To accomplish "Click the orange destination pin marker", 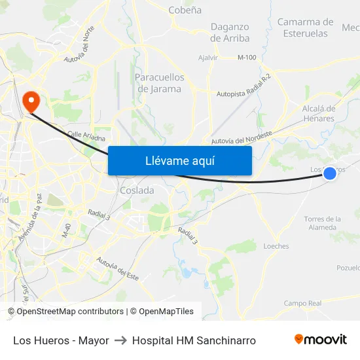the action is click(x=31, y=100).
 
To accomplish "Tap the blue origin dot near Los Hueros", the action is click(x=330, y=173).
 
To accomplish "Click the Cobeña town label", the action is click(x=185, y=10).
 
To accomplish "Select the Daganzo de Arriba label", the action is click(x=230, y=32).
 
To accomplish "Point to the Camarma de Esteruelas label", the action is click(x=306, y=27).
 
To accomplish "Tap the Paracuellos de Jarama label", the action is click(x=159, y=83).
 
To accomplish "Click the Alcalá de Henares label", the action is click(x=319, y=113).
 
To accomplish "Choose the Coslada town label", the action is click(x=137, y=190).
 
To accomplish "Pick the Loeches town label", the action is click(x=276, y=247).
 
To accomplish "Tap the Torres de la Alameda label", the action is click(x=322, y=223).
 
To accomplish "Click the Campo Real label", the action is click(x=302, y=303).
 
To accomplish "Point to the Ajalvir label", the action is click(x=207, y=58).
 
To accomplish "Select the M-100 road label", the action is click(x=247, y=58).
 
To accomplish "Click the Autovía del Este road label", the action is click(x=118, y=268).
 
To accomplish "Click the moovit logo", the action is click(x=320, y=340).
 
